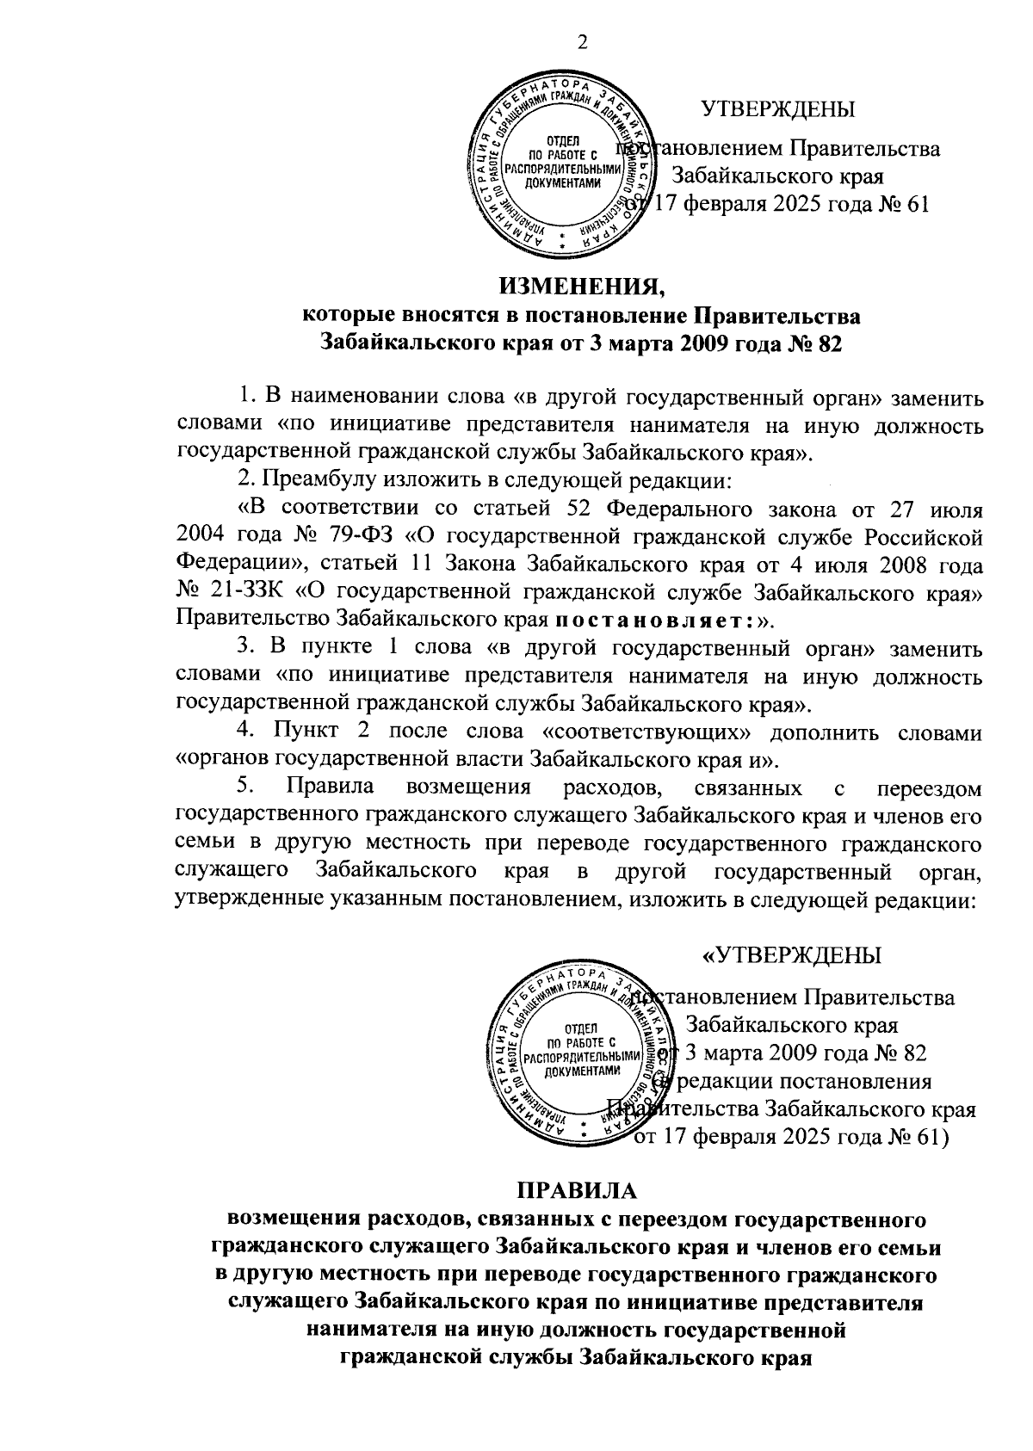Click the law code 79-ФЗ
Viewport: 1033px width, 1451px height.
pyautogui.click(x=356, y=537)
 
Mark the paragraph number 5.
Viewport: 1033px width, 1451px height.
pyautogui.click(x=244, y=787)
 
